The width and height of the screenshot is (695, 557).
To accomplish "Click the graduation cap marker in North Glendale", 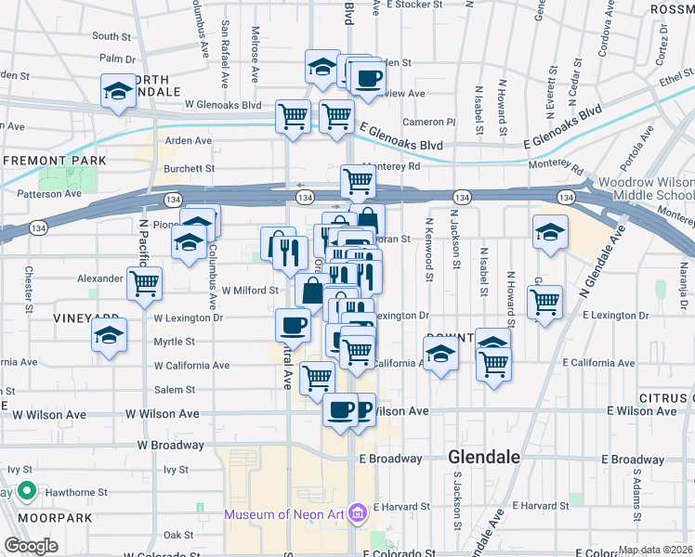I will coord(118,91).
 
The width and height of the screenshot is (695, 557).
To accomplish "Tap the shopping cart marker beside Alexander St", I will coord(145,282).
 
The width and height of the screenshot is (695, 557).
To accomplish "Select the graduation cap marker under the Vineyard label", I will coord(109,335).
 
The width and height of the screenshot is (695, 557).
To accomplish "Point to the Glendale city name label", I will coord(484,458).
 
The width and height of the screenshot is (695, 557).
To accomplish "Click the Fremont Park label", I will coord(54,161).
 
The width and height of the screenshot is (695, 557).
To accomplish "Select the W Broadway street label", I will coord(170,445).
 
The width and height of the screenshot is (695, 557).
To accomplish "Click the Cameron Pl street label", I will coord(428,122).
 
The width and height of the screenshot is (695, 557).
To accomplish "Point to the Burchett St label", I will coord(189,169).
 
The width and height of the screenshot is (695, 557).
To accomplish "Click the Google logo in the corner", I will coord(31,546).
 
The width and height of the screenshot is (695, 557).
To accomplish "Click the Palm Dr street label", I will coord(118,58).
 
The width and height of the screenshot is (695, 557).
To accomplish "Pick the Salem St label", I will coord(174,390).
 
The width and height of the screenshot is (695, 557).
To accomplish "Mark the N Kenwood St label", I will coord(428,251).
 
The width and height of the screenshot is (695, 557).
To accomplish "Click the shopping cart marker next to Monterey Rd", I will coord(357,181).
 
